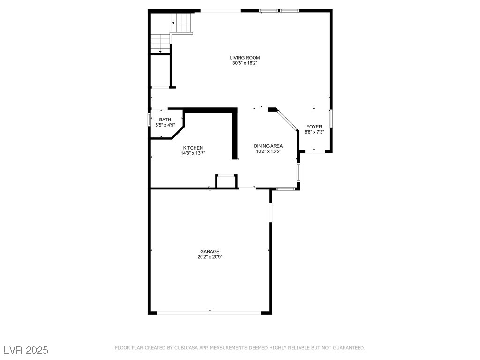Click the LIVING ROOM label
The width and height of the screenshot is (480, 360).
point(245,58)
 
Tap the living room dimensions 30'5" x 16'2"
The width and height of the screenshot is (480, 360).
point(245,63)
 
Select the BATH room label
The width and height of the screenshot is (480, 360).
point(165,120)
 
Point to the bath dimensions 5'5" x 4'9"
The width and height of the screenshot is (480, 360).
point(165,125)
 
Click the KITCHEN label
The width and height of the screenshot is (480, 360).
point(193,148)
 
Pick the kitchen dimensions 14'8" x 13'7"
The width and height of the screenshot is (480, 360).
point(193,153)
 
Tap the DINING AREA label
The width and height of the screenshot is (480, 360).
point(268,146)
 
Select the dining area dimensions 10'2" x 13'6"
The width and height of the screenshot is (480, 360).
point(268,151)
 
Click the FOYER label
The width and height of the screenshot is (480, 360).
point(315,127)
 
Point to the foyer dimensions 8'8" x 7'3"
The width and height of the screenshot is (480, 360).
point(315,132)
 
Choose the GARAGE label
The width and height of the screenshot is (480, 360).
point(210,252)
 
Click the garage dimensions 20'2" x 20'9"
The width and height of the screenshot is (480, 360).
point(210,257)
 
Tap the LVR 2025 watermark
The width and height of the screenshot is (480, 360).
point(26,350)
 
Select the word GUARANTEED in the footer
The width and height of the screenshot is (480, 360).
point(349,348)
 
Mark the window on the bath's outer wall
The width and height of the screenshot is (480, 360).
point(149,120)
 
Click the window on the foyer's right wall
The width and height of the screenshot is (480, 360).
point(331,119)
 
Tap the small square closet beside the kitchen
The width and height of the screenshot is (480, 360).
point(226,181)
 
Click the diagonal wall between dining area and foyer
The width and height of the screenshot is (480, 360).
point(287,120)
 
